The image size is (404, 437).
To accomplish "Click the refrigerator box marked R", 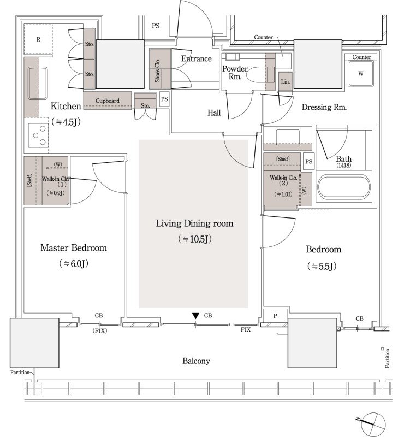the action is (38, 39).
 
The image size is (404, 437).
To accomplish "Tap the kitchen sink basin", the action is (37, 83).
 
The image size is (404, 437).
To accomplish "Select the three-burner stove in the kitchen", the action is (38, 135).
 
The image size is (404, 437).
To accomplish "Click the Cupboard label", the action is (107, 101).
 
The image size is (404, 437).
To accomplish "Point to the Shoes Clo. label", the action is (157, 70).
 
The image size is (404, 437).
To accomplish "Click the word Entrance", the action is (196, 58).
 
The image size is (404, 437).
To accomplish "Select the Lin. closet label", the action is (286, 81).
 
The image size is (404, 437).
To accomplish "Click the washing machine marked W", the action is (360, 74).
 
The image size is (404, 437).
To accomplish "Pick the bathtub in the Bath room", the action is (344, 187).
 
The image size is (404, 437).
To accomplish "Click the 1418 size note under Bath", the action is (343, 166).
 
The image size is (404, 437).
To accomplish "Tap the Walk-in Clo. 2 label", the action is (283, 180).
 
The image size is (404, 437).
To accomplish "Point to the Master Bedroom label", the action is (74, 248).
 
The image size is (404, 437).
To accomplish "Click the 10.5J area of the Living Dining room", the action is (195, 239).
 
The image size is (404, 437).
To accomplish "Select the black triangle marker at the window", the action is (195, 316).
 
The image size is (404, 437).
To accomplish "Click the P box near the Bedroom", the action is (275, 316).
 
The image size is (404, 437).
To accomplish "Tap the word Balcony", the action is (196, 361).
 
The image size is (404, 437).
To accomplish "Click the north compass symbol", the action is (372, 424).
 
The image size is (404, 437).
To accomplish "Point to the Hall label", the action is (214, 113).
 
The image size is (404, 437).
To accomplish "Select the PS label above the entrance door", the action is (156, 26).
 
